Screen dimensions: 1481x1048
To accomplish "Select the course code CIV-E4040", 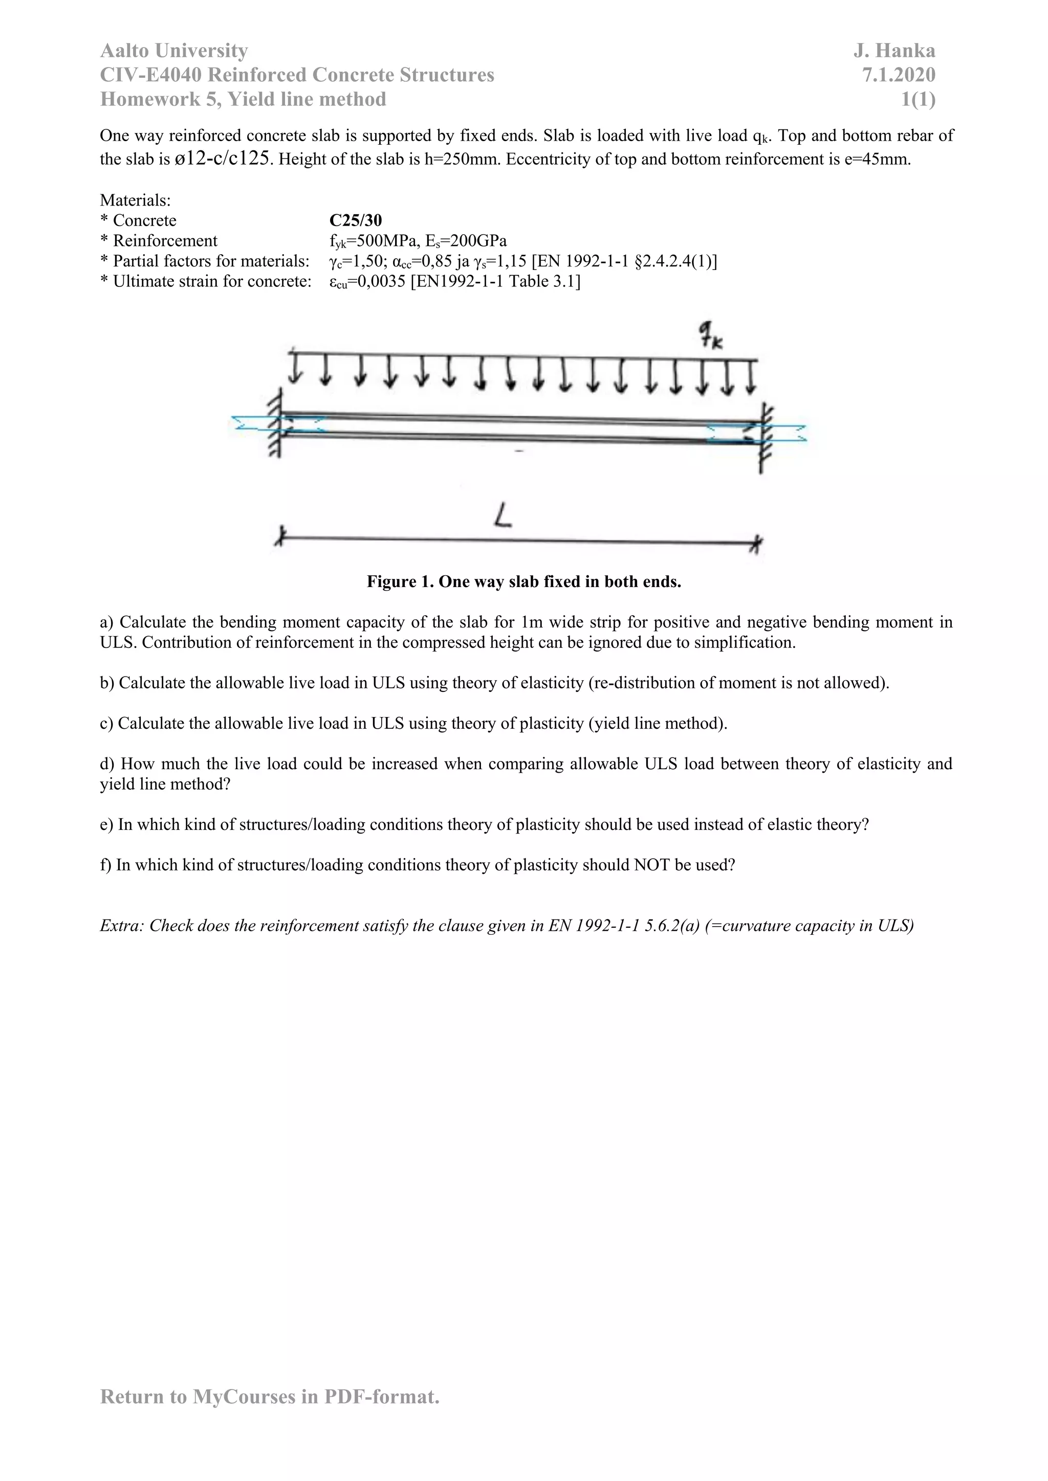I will coord(151,75).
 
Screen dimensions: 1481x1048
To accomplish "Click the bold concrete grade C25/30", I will coord(355,220).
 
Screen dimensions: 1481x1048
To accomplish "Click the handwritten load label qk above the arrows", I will coord(710,336).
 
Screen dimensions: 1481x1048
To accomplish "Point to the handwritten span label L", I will coord(503,516).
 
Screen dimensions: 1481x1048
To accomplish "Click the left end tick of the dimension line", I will coord(279,535).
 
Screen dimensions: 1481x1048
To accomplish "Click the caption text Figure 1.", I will coord(400,582).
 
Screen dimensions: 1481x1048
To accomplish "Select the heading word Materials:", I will coord(135,200).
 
